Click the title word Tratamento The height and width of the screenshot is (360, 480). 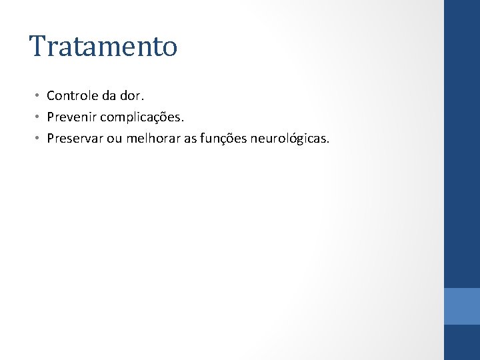[x=103, y=47]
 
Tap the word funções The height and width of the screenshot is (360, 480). [x=227, y=139]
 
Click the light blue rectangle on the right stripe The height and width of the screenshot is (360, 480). [x=461, y=306]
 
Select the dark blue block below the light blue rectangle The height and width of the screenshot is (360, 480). [x=461, y=342]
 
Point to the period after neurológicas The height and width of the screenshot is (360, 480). [x=328, y=142]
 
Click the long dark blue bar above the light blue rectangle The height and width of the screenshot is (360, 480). [x=461, y=143]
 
